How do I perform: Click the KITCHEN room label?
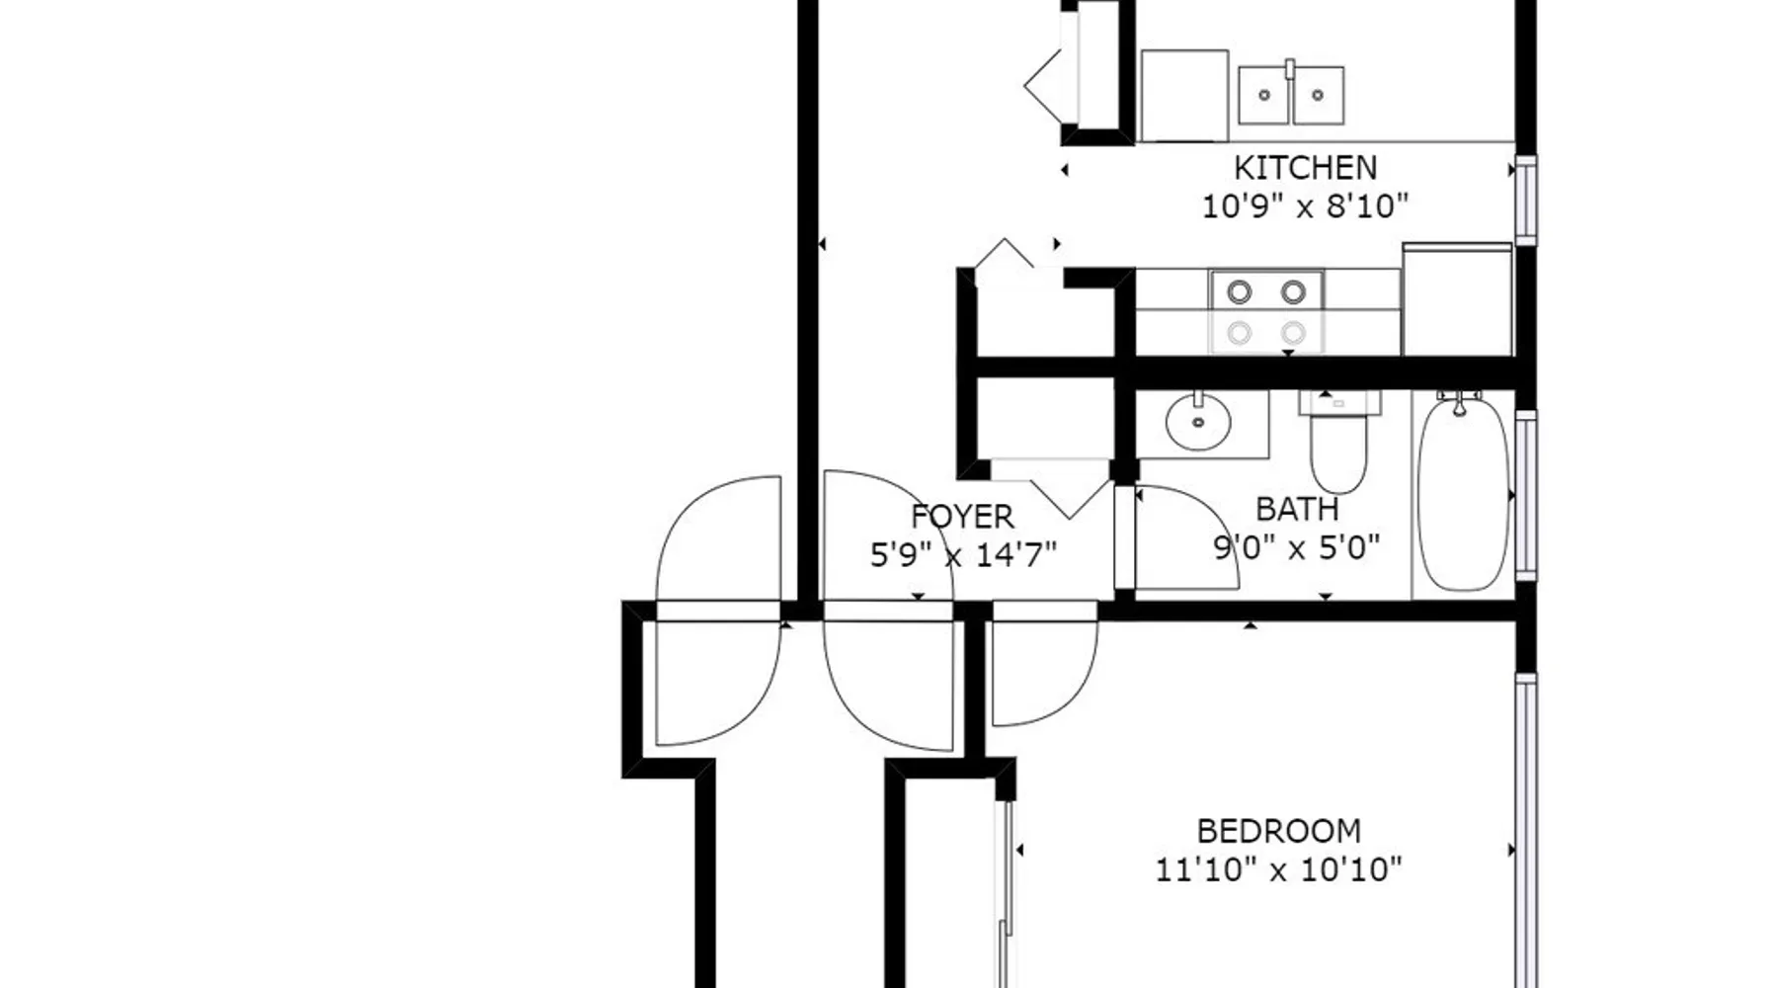coord(1305,167)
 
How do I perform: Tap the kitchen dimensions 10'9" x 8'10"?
coord(1305,206)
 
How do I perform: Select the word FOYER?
coord(962,517)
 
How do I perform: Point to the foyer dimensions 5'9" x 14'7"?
coord(963,555)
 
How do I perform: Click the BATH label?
coord(1297,509)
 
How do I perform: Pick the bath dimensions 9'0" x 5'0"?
coord(1296,547)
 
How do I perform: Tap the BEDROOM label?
coord(1278,831)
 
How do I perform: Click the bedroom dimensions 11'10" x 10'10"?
coord(1278,870)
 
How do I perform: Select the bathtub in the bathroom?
coord(1463,494)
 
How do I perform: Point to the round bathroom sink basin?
coord(1198,423)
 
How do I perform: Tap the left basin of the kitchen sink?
coord(1264,96)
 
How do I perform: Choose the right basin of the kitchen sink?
coord(1318,96)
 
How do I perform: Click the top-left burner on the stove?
coord(1239,291)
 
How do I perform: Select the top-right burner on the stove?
coord(1293,291)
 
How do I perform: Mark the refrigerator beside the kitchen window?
coord(1457,298)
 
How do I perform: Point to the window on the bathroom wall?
coord(1526,494)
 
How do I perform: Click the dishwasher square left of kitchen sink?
coord(1184,96)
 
